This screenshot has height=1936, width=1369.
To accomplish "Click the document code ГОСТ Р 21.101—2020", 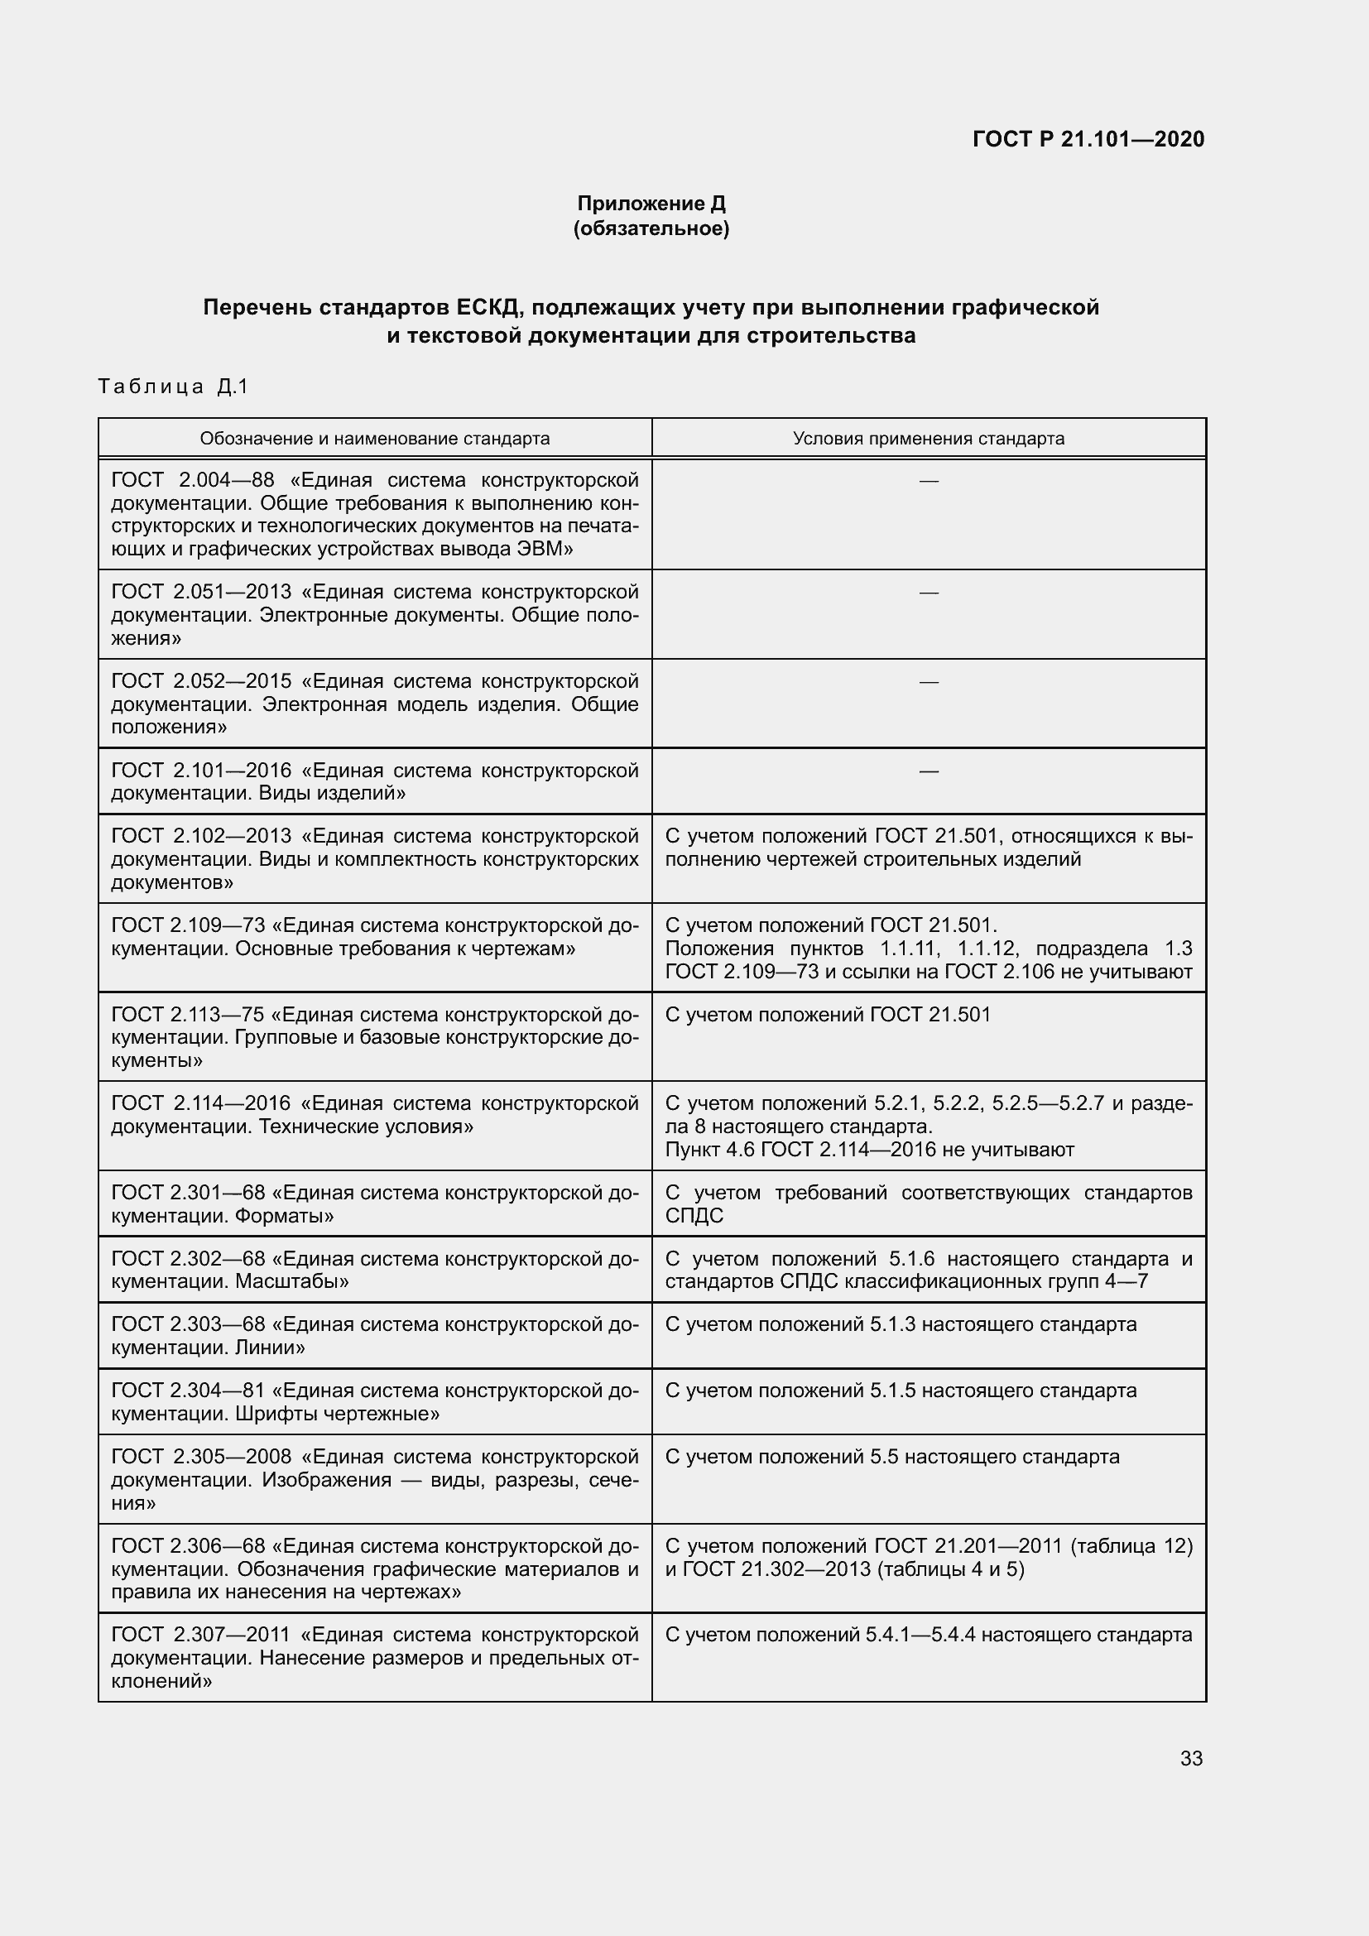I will tap(1088, 139).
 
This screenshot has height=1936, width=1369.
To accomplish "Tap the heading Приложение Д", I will tap(651, 204).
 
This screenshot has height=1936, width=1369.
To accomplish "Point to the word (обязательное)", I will tap(651, 228).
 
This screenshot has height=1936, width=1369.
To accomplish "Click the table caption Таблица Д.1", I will tap(174, 387).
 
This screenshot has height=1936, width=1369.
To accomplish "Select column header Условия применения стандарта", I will tap(928, 439).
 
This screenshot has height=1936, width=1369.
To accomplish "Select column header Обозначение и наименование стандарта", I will tap(374, 439).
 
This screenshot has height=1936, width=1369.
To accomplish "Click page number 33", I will tap(1191, 1758).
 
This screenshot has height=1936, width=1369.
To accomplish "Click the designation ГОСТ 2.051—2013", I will tap(201, 592).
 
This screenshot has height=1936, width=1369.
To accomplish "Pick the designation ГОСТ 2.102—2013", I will tap(201, 836).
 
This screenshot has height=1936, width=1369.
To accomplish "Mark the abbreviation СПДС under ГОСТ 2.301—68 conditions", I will tap(694, 1216).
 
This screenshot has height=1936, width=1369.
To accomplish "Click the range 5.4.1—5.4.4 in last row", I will tap(920, 1635).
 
